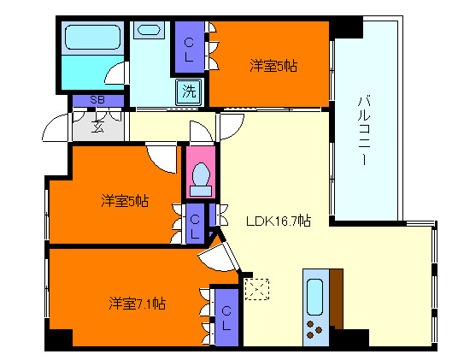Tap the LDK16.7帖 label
[x=279, y=221]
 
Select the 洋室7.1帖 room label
[x=137, y=303]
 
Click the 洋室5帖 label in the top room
[x=273, y=65]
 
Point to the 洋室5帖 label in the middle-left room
[x=124, y=201]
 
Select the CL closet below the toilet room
[x=196, y=226]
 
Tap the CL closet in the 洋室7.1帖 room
[x=226, y=318]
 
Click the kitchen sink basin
[x=314, y=296]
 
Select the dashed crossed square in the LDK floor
[x=255, y=289]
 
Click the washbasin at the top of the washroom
[x=148, y=30]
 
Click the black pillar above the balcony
[x=347, y=27]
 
